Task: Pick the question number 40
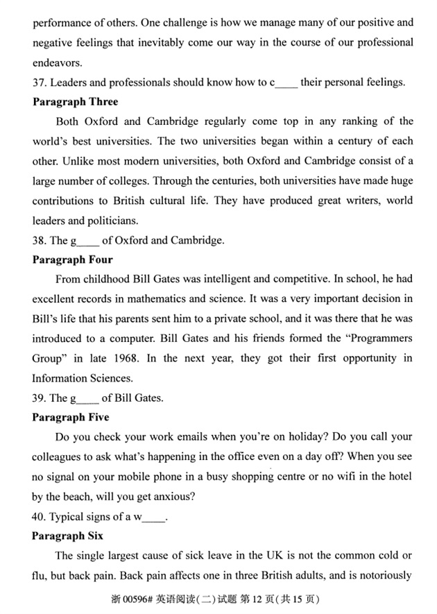(40, 517)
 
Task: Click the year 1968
(141, 359)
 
